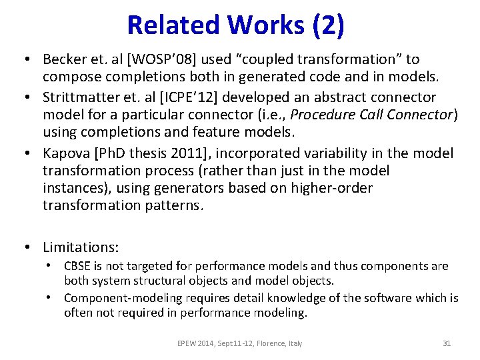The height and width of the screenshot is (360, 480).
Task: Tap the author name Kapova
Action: [64, 153]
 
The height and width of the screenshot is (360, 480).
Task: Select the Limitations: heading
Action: [81, 247]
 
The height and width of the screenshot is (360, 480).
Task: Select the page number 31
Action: [447, 343]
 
